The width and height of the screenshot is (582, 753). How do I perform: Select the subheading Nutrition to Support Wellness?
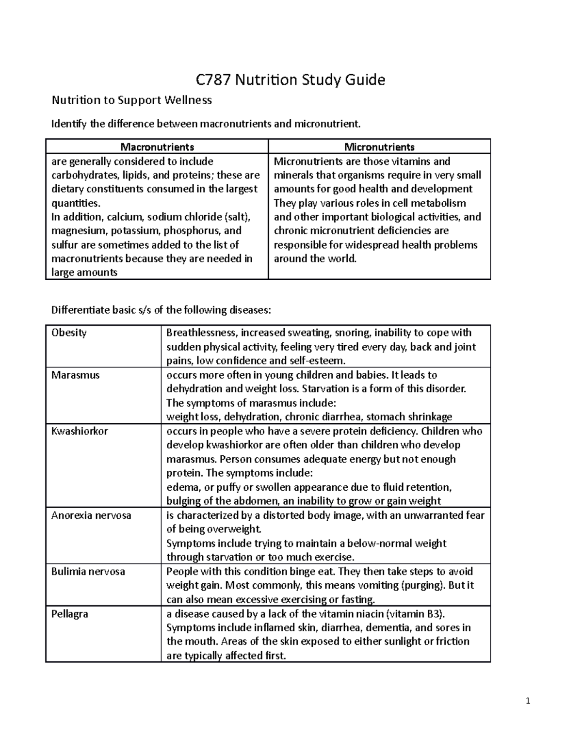click(132, 100)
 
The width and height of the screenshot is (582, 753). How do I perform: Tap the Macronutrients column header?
click(157, 146)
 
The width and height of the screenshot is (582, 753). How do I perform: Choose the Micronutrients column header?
click(379, 146)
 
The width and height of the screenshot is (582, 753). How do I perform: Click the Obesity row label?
click(69, 333)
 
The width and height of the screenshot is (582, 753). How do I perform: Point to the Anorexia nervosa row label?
click(91, 515)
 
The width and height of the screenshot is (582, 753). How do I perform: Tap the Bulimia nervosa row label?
click(88, 572)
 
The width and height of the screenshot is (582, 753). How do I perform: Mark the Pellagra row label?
click(70, 614)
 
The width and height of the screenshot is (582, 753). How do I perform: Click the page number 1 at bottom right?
click(528, 701)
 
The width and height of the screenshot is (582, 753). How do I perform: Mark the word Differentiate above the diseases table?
click(80, 310)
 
